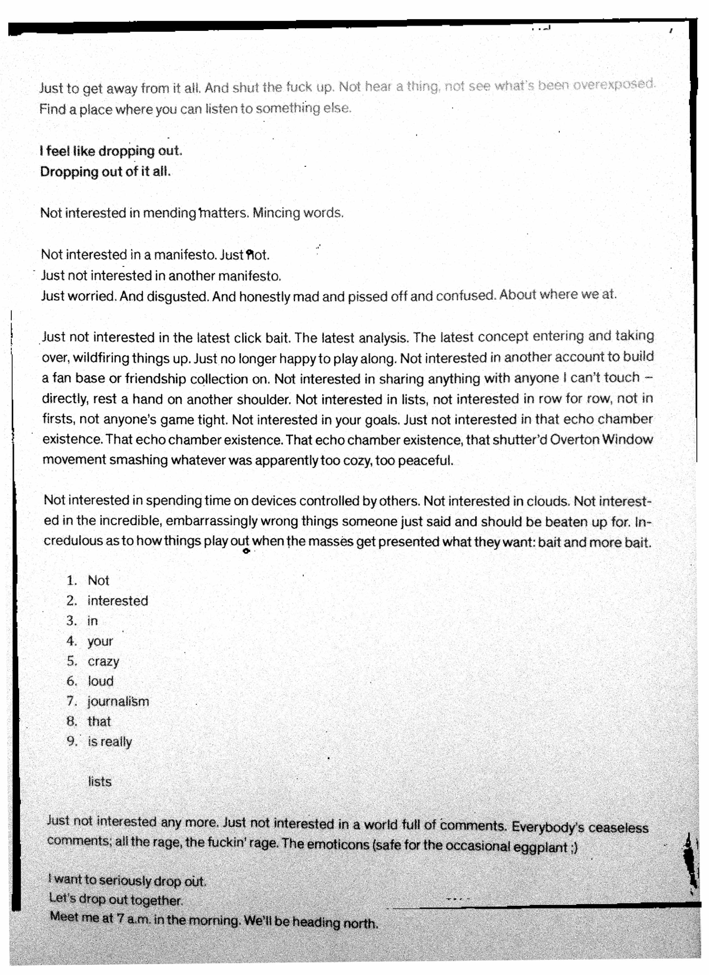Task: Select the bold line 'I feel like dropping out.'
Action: click(x=111, y=151)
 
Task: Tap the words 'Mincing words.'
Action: click(x=298, y=213)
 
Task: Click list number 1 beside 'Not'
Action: click(x=71, y=581)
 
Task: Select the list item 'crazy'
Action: click(x=103, y=661)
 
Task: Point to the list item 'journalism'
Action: click(x=118, y=702)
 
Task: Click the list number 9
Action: click(x=71, y=742)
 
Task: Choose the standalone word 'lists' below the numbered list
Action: click(x=100, y=782)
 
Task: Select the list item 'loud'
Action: click(x=101, y=681)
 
